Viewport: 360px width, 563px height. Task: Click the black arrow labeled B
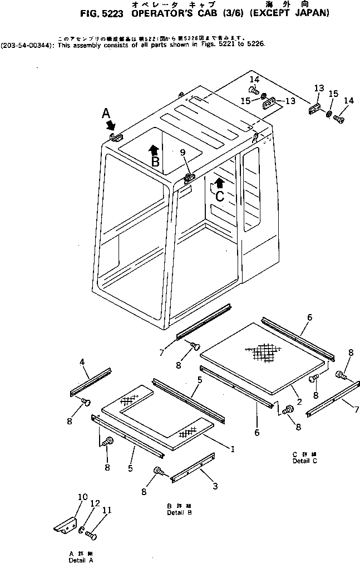click(x=155, y=149)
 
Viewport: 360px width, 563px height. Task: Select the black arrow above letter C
click(x=220, y=182)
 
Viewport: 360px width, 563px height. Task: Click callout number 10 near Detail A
click(x=82, y=497)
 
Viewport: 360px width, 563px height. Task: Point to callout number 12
click(x=95, y=503)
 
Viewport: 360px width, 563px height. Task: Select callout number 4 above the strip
click(x=82, y=362)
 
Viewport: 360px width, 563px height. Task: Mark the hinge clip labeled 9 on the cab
click(x=189, y=177)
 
